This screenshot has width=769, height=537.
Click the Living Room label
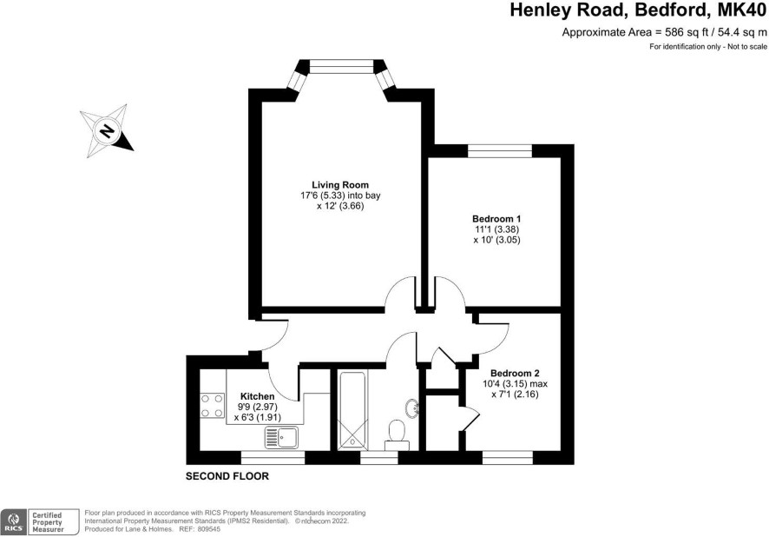pos(340,185)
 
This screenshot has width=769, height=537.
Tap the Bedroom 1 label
pos(496,218)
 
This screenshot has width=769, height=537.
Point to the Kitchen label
pos(258,396)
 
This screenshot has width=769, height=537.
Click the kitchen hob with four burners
pos(213,406)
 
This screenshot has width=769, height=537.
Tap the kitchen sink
pos(281,437)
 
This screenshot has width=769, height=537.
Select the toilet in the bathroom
pos(397,435)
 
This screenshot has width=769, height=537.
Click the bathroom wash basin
pos(412,407)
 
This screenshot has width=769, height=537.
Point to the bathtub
pos(352,410)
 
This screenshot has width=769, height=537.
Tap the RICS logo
pos(14,521)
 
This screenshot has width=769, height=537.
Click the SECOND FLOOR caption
pos(227,476)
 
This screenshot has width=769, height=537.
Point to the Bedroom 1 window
pos(500,150)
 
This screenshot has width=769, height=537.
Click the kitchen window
pos(273,458)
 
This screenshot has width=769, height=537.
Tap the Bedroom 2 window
pos(508,458)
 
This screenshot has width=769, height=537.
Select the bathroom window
pos(379,458)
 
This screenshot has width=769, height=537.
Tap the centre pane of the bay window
pos(341,66)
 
